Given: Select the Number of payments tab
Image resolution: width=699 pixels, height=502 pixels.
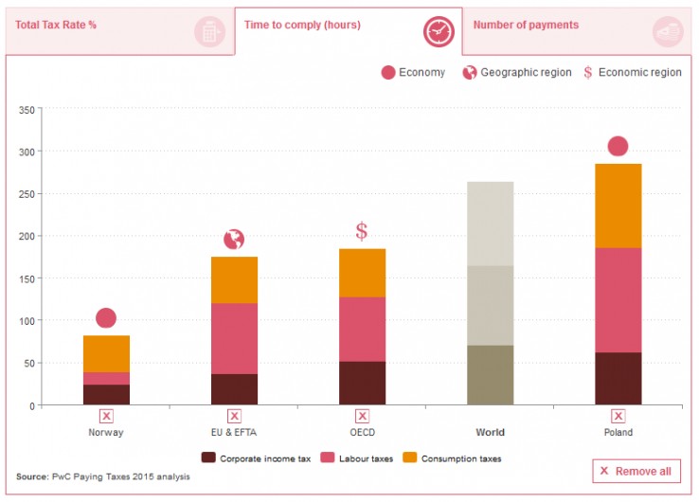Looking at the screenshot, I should point(526,26).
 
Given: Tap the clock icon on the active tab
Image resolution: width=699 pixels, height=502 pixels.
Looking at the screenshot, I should point(439,31).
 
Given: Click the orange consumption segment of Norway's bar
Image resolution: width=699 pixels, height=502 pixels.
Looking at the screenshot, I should point(106,353).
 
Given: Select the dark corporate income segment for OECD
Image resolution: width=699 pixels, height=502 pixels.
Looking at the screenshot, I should point(362,383).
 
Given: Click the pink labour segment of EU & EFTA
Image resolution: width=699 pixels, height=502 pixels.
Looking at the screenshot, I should point(234,338).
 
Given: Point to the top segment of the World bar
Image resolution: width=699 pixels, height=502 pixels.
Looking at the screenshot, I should point(490,224).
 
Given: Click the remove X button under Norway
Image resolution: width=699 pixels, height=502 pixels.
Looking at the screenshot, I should point(106,416).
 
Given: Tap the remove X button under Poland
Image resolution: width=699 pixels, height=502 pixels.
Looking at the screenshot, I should point(618,416).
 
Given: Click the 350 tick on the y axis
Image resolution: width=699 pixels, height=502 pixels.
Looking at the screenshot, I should point(26,110).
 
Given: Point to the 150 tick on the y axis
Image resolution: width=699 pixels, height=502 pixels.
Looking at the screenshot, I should point(26,278).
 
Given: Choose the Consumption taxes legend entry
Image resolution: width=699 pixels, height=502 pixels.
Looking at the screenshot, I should point(456,457).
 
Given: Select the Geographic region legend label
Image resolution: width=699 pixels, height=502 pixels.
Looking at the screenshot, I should point(526,73).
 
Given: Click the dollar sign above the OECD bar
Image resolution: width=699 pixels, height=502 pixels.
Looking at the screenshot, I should point(361,231).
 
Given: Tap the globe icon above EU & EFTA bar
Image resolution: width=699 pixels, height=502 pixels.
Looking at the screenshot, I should point(234,239).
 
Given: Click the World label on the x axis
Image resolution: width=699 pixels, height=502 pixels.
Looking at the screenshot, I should point(490,433).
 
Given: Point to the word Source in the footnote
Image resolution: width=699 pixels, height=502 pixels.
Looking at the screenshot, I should point(32,476).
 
